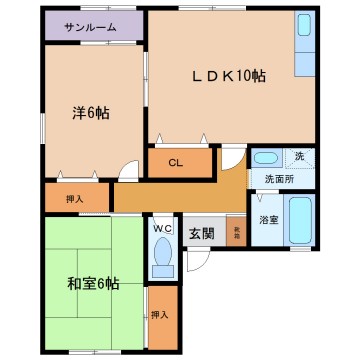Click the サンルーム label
pos(91,27)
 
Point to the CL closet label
pos(175,161)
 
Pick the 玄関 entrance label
pos(201,233)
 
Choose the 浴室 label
pos(267,219)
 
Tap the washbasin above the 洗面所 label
pos(265,158)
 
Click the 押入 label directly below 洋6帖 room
pos(61,199)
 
